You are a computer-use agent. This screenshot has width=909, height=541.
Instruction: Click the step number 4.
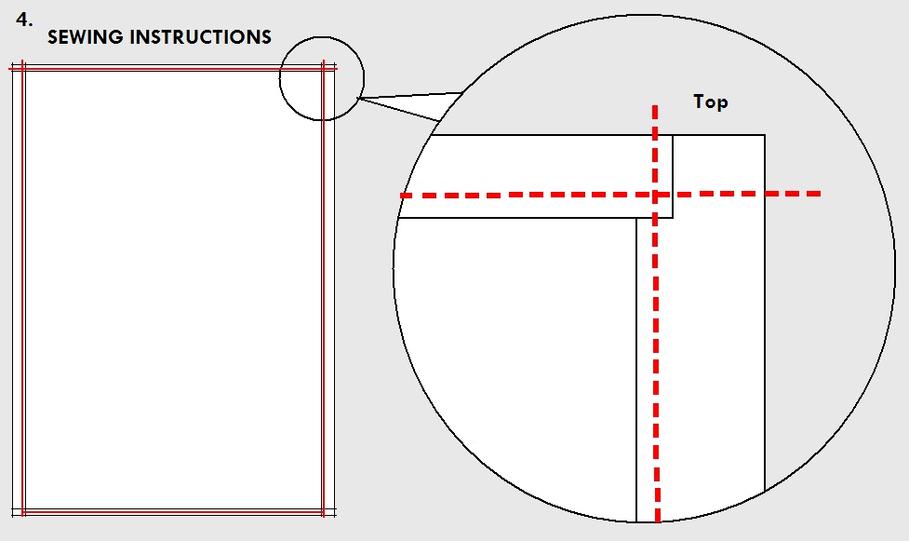24,20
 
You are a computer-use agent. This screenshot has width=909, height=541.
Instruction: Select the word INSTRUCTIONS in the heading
201,37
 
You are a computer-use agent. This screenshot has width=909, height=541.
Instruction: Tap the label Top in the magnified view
711,102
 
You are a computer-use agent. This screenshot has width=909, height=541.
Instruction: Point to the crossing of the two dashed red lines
656,195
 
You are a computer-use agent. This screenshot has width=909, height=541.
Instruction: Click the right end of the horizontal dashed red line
820,194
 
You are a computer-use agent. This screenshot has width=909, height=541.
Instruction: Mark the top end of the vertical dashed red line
655,106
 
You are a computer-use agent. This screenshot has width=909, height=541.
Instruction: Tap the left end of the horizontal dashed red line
401,196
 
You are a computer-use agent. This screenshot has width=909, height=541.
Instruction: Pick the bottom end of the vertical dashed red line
657,521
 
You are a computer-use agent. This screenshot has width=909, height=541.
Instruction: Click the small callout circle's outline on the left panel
280,78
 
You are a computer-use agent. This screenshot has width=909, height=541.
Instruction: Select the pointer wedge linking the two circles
406,103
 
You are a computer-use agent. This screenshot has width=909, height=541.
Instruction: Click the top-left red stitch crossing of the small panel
22,69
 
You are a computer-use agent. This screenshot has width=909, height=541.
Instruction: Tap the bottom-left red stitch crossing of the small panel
22,512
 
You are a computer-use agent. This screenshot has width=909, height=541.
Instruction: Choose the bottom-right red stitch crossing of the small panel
324,512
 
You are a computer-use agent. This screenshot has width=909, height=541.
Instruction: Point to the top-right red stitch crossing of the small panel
324,69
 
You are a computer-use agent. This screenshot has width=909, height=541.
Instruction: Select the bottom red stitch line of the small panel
173,512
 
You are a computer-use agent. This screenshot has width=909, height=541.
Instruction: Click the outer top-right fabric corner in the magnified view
765,135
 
